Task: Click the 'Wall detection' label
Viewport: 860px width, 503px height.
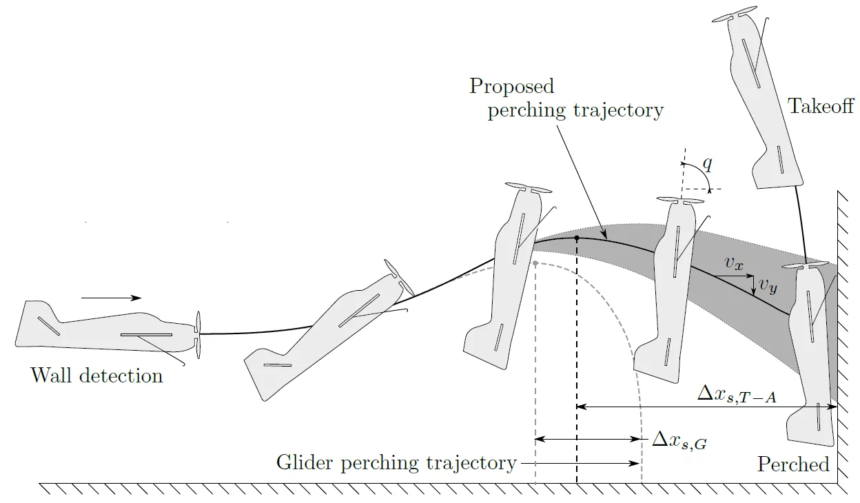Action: click(96, 376)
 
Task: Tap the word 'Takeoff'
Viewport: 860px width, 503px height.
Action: click(821, 106)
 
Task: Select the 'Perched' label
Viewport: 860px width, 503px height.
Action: click(793, 464)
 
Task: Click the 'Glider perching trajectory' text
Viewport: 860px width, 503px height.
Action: click(396, 462)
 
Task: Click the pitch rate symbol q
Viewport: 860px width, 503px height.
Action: click(707, 164)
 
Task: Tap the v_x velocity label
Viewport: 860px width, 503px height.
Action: click(734, 263)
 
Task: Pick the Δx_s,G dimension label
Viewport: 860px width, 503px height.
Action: click(679, 441)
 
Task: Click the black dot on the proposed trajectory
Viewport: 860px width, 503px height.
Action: click(577, 238)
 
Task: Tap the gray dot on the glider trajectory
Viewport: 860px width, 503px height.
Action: click(535, 263)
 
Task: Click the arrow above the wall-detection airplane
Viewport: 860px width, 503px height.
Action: click(111, 298)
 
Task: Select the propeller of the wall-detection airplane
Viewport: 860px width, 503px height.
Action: click(198, 335)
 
